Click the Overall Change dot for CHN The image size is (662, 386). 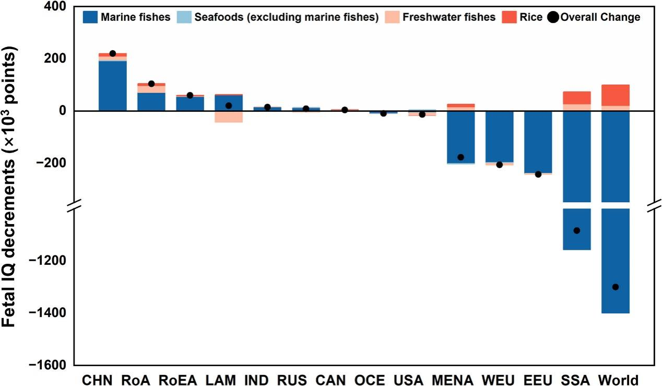point(113,53)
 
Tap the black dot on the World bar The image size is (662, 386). point(616,287)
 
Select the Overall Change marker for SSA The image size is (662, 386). point(577,230)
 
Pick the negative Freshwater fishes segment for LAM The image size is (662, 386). point(229,116)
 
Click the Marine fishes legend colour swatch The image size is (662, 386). point(90,17)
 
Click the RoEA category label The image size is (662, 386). point(178,380)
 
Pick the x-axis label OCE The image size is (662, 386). point(370,380)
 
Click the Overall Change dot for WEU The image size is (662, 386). point(500,165)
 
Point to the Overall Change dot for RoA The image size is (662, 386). point(151,84)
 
